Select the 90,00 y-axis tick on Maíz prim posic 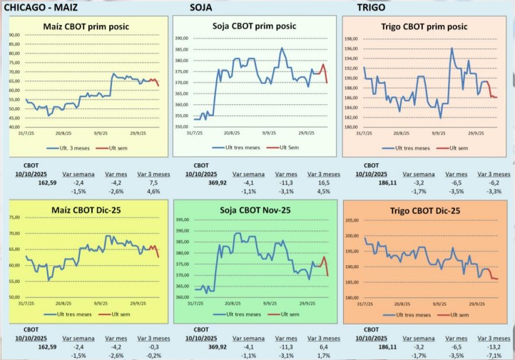click(15, 34)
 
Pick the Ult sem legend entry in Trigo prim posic click(454, 148)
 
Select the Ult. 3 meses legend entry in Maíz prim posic click(71, 148)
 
